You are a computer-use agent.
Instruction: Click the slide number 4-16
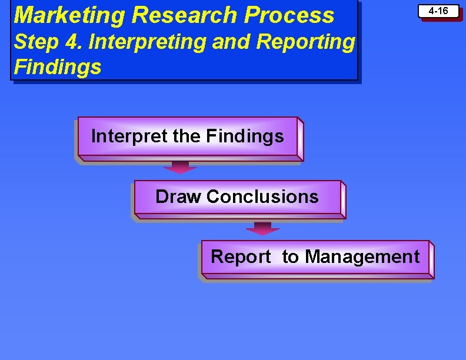pos(438,11)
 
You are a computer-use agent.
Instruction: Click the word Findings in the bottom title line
pos(57,67)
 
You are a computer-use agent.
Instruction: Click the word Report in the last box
pos(241,257)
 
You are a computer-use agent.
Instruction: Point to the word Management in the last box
pos(362,257)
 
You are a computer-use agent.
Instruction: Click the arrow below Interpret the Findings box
pos(180,167)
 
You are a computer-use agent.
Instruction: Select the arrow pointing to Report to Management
pos(262,228)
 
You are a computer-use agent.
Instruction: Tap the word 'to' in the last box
pos(290,257)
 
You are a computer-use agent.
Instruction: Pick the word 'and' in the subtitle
pos(211,42)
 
